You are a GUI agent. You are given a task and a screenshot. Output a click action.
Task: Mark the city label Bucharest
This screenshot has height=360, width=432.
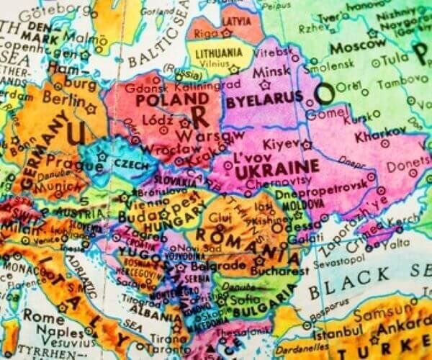pos(275,272)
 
